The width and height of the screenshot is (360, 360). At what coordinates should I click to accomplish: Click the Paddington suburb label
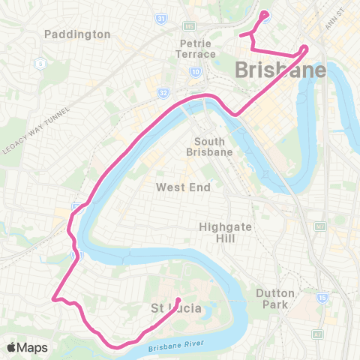coord(77,34)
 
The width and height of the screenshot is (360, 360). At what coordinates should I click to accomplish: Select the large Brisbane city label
coord(281,70)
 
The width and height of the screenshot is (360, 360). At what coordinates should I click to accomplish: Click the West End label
coord(183,187)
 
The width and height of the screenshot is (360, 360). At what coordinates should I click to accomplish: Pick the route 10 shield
coord(195,72)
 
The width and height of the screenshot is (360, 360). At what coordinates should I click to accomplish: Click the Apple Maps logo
coord(27,347)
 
